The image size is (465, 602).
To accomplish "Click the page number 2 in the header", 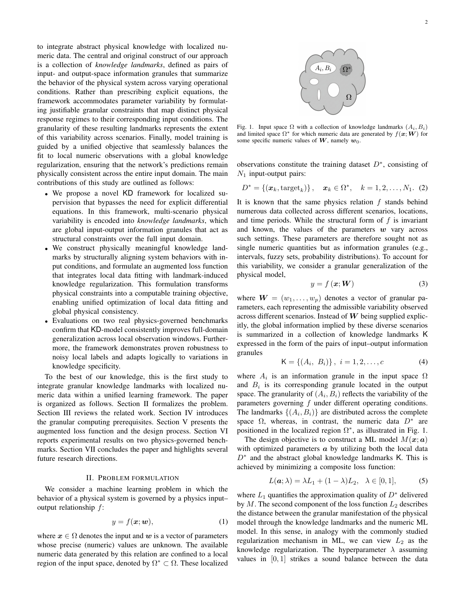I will (x=426, y=22).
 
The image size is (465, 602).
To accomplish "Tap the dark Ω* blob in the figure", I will (x=346, y=69).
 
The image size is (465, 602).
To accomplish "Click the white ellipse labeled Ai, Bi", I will (x=323, y=68).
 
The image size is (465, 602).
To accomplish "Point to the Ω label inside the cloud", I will (x=349, y=97).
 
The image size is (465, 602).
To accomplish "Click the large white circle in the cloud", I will (x=333, y=90).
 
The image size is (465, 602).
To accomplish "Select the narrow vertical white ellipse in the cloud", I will (x=319, y=94).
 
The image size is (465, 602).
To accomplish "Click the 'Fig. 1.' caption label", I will (x=245, y=127).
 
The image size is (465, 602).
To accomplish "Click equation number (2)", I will (x=423, y=188).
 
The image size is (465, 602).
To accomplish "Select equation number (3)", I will (x=423, y=283).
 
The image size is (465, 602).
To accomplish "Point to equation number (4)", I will (x=423, y=362).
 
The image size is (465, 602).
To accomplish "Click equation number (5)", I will (x=423, y=481).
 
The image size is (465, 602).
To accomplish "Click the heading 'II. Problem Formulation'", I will (x=132, y=478).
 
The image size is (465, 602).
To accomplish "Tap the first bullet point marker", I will (x=47, y=194).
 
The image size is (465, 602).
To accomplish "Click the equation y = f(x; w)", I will (x=132, y=522).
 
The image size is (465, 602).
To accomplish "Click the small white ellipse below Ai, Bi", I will (x=314, y=81).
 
